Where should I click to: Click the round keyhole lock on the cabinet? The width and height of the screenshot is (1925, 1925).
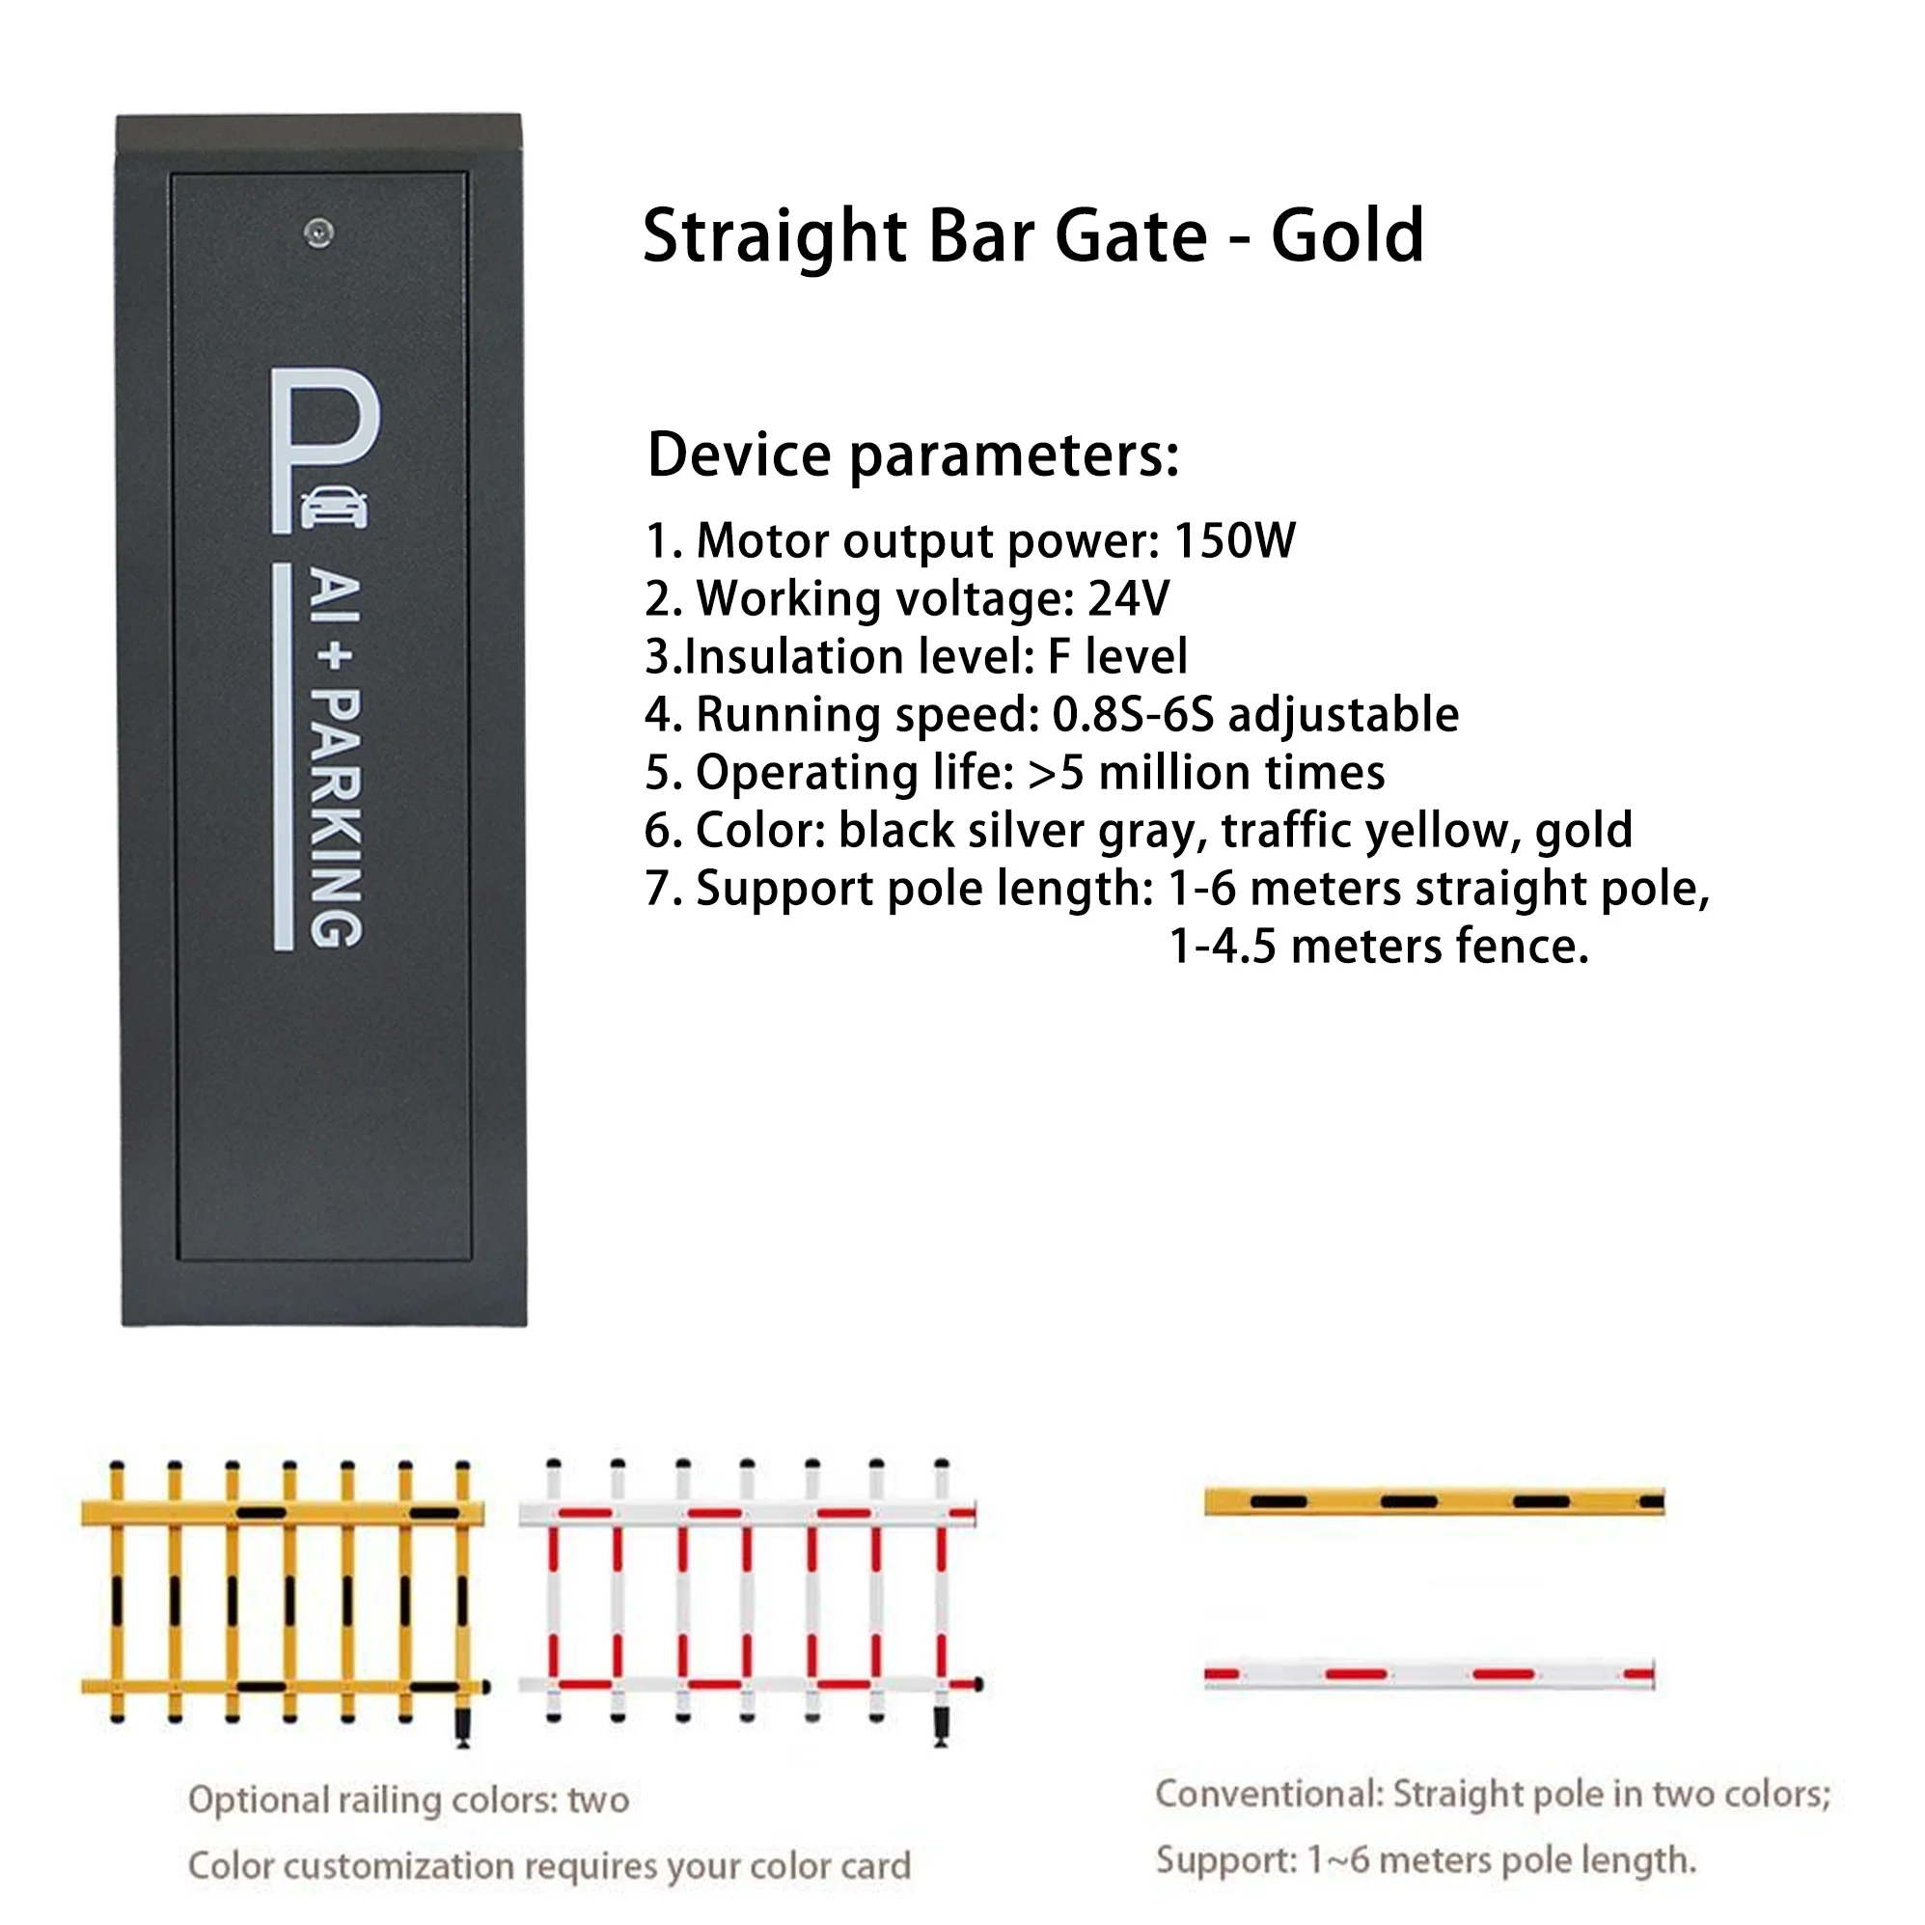pyautogui.click(x=317, y=234)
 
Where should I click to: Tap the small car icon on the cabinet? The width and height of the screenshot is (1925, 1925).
pyautogui.click(x=333, y=508)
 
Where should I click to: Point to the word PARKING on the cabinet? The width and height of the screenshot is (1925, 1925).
pyautogui.click(x=336, y=817)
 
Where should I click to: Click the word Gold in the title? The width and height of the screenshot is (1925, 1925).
pyautogui.click(x=1347, y=236)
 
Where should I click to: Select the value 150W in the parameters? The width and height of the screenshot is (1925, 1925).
pyautogui.click(x=1233, y=541)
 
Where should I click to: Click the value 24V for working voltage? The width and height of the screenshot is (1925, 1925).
pyautogui.click(x=1128, y=599)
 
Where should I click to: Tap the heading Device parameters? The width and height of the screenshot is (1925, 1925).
pyautogui.click(x=913, y=455)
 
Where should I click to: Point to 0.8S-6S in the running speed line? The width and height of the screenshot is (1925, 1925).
pyautogui.click(x=1133, y=714)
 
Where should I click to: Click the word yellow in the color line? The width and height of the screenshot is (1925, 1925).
pyautogui.click(x=1442, y=830)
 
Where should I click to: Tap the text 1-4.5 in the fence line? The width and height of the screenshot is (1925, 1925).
pyautogui.click(x=1222, y=947)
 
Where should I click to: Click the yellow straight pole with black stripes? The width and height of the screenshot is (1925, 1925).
pyautogui.click(x=1434, y=1501)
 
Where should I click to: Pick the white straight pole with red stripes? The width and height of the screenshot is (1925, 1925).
pyautogui.click(x=1429, y=1675)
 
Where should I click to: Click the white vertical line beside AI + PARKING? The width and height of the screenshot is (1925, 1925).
pyautogui.click(x=283, y=757)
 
